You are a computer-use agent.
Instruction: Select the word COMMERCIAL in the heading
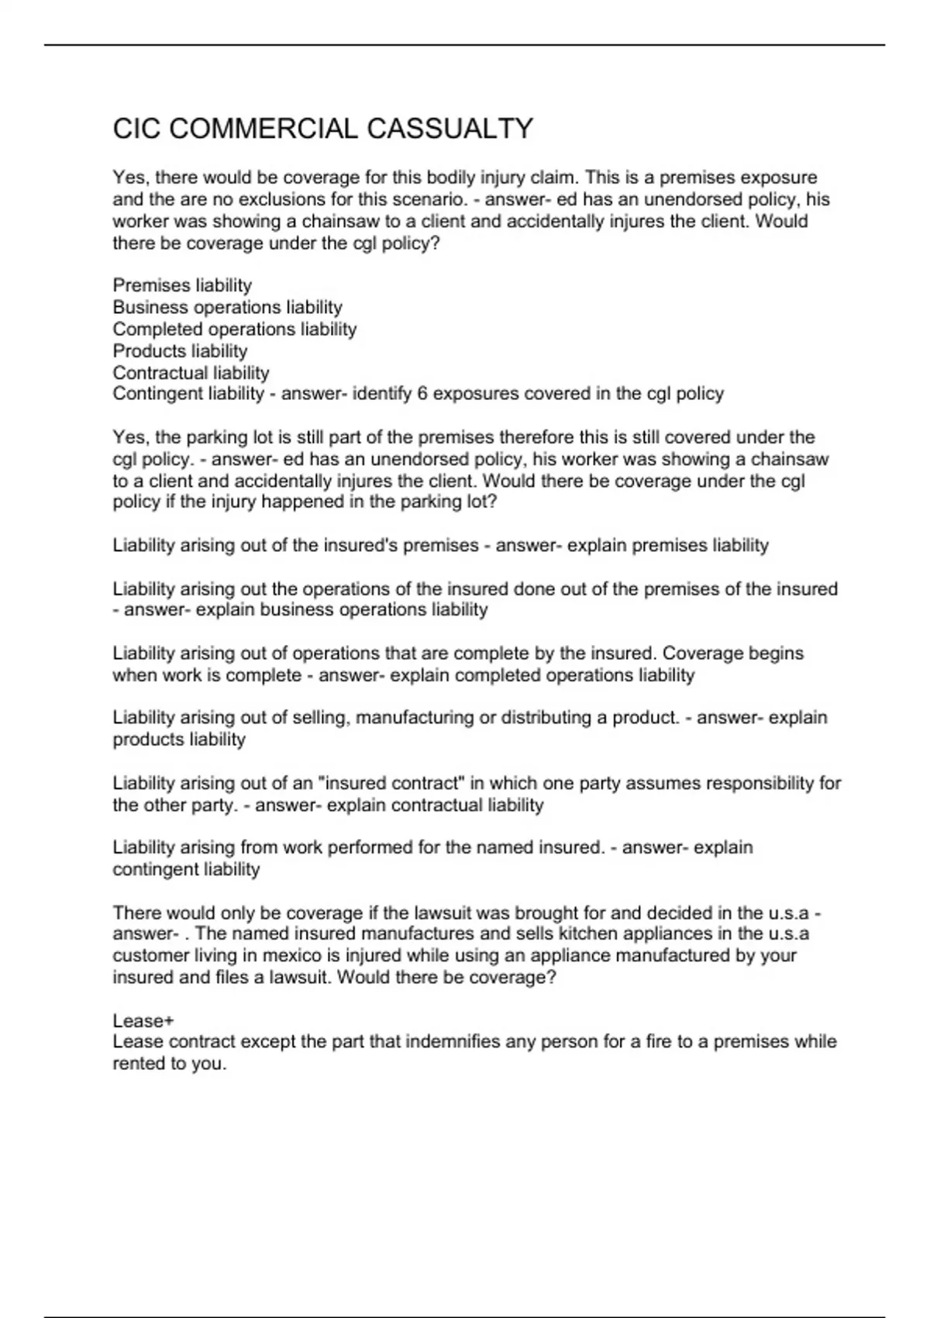[263, 129]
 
